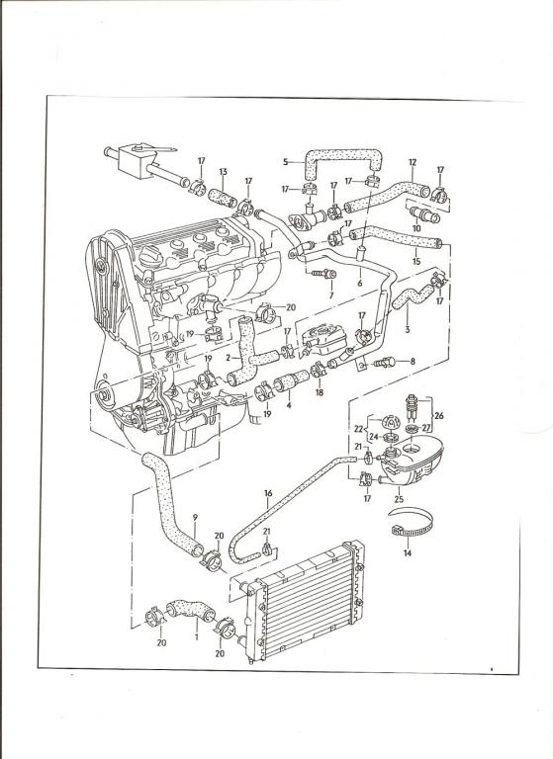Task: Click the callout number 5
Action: [x=286, y=162]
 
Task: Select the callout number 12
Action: [x=413, y=162]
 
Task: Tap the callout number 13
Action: [x=223, y=171]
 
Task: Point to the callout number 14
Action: [x=408, y=552]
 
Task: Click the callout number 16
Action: [x=268, y=493]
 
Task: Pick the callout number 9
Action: [x=195, y=517]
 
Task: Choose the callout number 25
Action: [x=399, y=499]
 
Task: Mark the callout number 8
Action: [x=413, y=361]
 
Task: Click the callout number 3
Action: [x=408, y=330]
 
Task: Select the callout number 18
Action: [x=319, y=392]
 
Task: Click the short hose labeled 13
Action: [x=223, y=198]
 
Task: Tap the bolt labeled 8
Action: [x=386, y=362]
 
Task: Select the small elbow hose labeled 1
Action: [x=191, y=609]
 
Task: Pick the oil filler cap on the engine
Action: [x=148, y=255]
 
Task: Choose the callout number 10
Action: [x=416, y=227]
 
